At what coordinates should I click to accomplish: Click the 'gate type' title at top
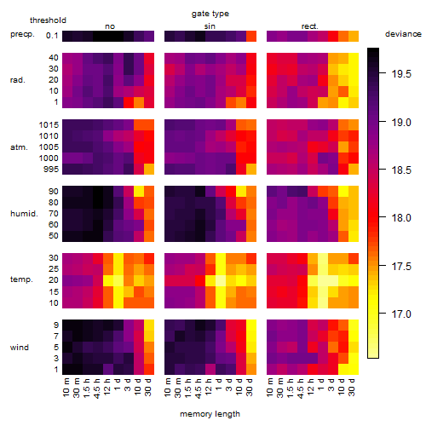point(210,14)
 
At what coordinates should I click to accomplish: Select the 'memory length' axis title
point(210,414)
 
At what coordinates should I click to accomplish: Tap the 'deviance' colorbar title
point(403,34)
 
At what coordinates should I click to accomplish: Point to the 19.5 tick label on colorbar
point(401,74)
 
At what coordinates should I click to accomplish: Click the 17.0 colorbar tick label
point(401,314)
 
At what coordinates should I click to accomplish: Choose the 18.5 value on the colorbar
point(401,170)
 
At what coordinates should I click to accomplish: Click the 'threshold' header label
point(48,20)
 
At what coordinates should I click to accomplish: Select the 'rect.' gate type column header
point(310,26)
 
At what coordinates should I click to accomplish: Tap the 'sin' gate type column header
point(210,26)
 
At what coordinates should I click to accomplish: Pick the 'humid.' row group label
point(24,214)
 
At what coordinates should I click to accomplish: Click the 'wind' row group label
point(20,348)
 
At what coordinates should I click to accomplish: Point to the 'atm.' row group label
point(19,147)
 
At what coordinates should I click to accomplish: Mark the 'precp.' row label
point(22,34)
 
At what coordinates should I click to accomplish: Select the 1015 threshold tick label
point(49,125)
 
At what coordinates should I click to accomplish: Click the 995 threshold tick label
point(51,170)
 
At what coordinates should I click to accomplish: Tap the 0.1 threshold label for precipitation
point(52,36)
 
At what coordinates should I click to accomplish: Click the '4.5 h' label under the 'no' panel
point(97,389)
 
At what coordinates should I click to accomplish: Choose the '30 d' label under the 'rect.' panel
point(352,388)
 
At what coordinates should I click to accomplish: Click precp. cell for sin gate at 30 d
point(251,36)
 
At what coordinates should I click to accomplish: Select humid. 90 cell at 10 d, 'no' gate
point(139,192)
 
